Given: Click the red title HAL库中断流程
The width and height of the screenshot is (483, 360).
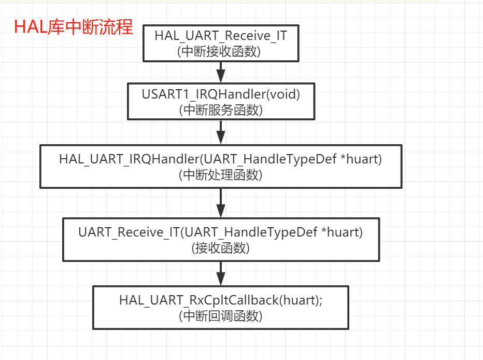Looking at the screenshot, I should [x=73, y=26].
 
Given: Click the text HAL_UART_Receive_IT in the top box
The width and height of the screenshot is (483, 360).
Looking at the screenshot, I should [x=221, y=36].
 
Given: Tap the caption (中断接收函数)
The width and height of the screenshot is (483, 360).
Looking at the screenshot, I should [x=221, y=51].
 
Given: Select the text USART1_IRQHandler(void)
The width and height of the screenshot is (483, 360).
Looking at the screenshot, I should [x=221, y=95].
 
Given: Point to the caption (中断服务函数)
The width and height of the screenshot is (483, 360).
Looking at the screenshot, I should [x=221, y=109].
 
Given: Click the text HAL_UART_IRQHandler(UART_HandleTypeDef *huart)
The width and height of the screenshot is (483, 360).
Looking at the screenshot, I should [x=221, y=159].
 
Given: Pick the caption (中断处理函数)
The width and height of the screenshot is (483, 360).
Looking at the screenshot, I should [x=221, y=175].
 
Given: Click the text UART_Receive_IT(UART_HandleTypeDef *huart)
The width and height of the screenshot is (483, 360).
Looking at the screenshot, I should [x=221, y=232].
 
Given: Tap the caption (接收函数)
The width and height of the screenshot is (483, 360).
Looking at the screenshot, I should [x=221, y=247].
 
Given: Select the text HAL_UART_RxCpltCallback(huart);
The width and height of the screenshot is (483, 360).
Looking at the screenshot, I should [x=221, y=300].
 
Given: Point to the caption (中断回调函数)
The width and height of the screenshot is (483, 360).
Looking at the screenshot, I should [x=221, y=315].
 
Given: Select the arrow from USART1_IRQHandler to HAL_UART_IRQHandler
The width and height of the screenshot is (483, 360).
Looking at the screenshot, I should [x=221, y=132].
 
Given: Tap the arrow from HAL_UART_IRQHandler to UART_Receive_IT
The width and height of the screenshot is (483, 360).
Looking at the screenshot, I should [x=221, y=202].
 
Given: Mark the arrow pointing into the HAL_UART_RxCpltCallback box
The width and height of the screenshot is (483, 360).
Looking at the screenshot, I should [x=221, y=272].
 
